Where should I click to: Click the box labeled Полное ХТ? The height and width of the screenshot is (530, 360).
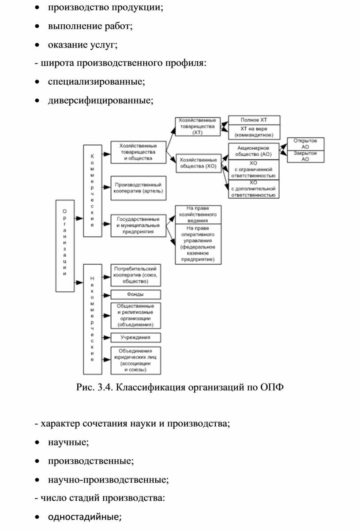(254, 120)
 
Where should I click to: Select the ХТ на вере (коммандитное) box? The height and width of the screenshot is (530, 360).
(254, 132)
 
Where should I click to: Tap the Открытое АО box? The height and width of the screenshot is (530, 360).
(306, 144)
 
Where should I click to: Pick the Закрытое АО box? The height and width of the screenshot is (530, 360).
(306, 156)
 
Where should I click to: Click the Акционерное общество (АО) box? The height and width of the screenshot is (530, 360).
(254, 151)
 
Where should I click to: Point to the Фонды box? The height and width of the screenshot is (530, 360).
(136, 295)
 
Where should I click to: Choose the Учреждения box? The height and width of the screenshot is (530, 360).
(136, 338)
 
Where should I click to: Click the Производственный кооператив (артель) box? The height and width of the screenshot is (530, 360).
(139, 188)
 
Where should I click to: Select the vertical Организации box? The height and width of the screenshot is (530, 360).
(65, 246)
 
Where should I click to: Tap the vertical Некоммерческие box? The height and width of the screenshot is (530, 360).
(93, 319)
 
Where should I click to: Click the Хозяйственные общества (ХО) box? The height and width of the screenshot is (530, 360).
(199, 163)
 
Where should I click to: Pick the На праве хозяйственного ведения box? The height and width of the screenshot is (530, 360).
(198, 214)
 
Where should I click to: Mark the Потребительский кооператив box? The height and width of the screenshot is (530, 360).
(136, 275)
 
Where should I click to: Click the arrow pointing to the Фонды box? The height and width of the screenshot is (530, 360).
(106, 295)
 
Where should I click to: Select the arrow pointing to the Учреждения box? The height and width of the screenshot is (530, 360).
(106, 338)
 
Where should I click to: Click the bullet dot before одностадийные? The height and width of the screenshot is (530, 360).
(37, 517)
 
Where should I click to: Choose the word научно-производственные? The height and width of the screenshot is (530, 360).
(108, 480)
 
